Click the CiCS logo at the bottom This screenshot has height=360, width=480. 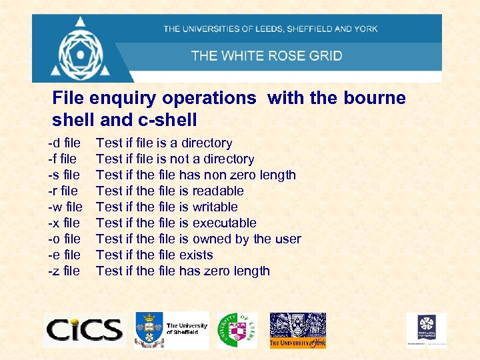pyautogui.click(x=84, y=329)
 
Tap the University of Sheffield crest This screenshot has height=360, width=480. pyautogui.click(x=149, y=329)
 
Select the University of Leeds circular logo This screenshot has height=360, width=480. pyautogui.click(x=237, y=330)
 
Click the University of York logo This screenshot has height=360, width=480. pyautogui.click(x=297, y=330)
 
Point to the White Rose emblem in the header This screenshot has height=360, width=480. pyautogui.click(x=81, y=48)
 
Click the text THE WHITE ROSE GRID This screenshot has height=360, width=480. pyautogui.click(x=267, y=55)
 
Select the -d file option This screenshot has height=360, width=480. pyautogui.click(x=64, y=143)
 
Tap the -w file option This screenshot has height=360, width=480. pyautogui.click(x=65, y=207)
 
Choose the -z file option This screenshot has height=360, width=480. pyautogui.click(x=63, y=271)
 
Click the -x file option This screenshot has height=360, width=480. pyautogui.click(x=63, y=223)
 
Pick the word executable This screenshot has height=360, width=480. pyautogui.click(x=224, y=223)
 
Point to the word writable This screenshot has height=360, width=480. pyautogui.click(x=215, y=207)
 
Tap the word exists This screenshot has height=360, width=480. pyautogui.click(x=196, y=255)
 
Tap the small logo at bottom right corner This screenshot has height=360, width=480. pyautogui.click(x=427, y=329)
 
